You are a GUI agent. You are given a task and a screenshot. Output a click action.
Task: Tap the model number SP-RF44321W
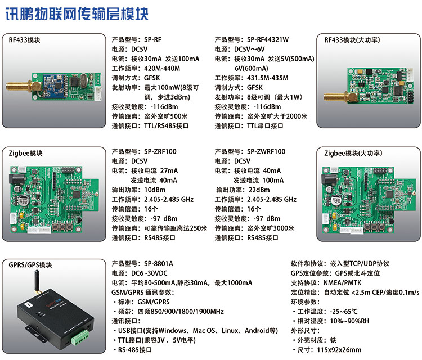[x=268, y=40]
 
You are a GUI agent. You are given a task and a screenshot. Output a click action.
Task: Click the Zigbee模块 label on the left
[x=26, y=152]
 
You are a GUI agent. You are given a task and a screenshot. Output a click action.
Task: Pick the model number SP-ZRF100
[x=160, y=152]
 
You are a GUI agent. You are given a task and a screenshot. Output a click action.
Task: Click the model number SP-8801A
[x=159, y=263]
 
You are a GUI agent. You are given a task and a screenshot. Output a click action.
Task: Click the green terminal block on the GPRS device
[x=77, y=338]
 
